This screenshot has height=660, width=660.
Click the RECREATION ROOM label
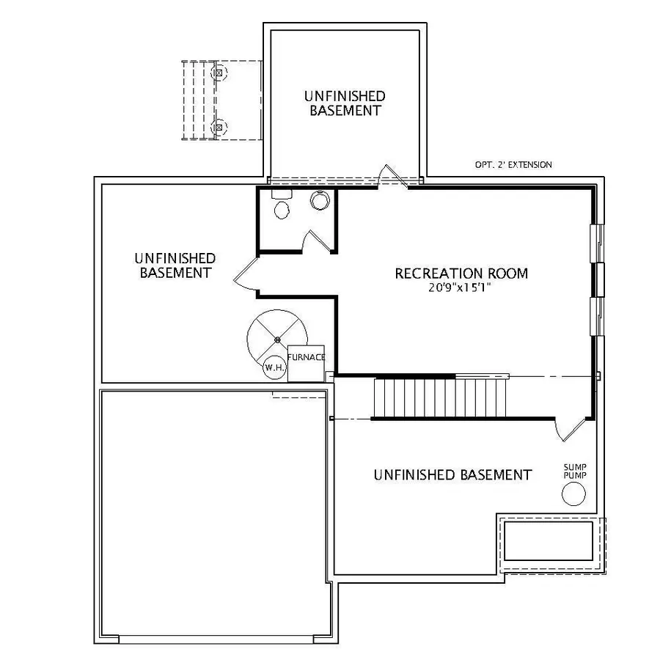coord(461,274)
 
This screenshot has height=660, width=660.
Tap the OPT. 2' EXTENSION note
coord(513,165)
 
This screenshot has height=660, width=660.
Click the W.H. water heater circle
coord(274,367)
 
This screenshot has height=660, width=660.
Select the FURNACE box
coord(306,363)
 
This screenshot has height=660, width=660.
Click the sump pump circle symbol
coord(573,495)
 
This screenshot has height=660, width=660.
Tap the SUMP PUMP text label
coord(574,471)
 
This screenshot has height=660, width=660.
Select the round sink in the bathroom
coord(319,200)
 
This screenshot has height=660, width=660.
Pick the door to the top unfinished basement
coord(392,176)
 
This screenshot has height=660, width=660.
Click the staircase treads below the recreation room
coord(414,397)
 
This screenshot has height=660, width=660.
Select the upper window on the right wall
coord(597,242)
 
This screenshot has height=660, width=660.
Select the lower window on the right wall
coord(597,315)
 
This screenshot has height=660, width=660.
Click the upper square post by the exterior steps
coord(217,73)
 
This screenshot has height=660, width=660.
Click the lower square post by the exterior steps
coord(217,128)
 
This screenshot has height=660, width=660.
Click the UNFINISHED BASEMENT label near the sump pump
coord(452,474)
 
